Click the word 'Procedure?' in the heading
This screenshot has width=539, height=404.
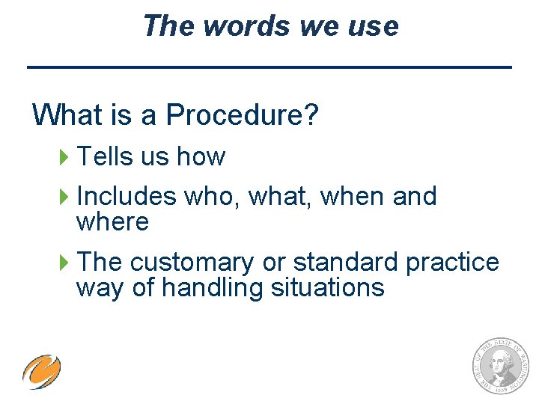click(243, 115)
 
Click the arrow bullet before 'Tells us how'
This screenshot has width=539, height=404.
click(64, 157)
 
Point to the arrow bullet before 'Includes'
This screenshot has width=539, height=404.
click(64, 197)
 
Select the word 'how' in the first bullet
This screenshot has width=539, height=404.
click(201, 156)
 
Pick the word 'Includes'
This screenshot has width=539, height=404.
click(127, 196)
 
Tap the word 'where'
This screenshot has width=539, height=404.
click(112, 222)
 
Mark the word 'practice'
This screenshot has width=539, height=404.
click(452, 262)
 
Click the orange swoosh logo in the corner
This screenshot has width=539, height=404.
click(41, 372)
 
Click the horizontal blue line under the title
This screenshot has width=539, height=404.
click(269, 67)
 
